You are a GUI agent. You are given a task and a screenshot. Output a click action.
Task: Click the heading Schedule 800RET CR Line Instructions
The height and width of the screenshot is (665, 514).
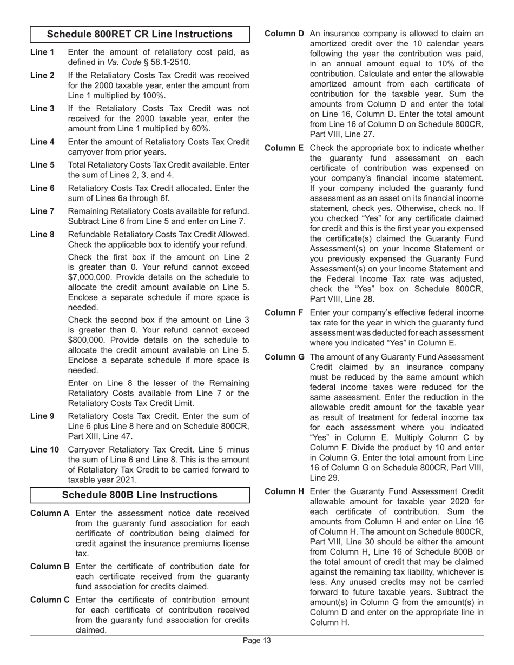pos(140,34)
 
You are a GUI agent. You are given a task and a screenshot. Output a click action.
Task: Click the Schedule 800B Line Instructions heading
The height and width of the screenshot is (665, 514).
pos(140,495)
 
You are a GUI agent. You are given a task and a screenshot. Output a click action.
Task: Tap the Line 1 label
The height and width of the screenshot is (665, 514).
pos(42,52)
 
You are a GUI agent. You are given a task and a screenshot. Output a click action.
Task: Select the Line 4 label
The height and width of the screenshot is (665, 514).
pos(42,142)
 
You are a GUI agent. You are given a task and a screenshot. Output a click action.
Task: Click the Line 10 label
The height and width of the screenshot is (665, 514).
pos(44,450)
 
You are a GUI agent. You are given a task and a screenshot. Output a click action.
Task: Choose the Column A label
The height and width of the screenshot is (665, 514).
pos(50,513)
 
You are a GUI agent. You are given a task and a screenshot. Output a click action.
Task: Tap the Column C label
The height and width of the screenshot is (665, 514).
pos(50,600)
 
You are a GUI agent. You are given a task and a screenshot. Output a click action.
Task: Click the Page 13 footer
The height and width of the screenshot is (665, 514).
pos(256,641)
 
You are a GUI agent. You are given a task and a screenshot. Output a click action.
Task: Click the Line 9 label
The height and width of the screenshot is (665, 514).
pos(42,416)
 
